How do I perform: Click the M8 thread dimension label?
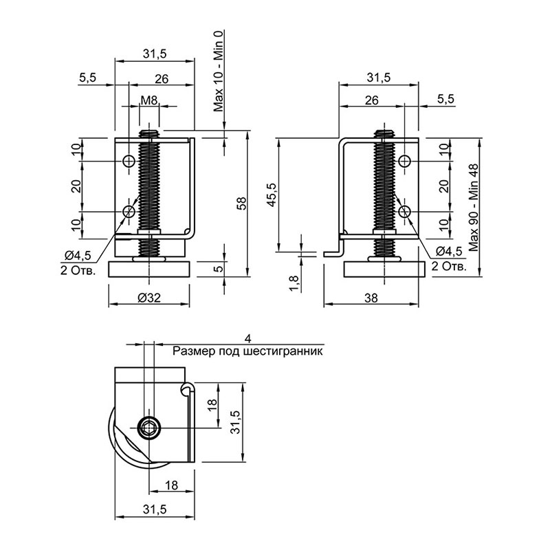[148, 100]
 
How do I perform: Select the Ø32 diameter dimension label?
[149, 298]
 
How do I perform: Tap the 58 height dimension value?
[242, 203]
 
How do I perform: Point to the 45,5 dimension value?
[272, 195]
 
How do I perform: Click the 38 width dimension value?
[371, 298]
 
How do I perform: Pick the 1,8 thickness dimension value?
[294, 283]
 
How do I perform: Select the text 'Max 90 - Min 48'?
[474, 208]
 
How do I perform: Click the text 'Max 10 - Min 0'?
[219, 71]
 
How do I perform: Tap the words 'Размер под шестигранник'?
[247, 351]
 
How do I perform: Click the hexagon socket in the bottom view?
[149, 428]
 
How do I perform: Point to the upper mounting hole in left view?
[129, 161]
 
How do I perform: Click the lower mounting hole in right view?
[405, 212]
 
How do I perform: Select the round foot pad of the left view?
[149, 269]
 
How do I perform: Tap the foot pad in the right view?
[384, 269]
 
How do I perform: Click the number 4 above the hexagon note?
[248, 339]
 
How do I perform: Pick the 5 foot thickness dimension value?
[218, 269]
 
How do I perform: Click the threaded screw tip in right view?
[384, 133]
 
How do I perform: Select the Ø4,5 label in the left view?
[78, 256]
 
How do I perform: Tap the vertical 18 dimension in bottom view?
[212, 405]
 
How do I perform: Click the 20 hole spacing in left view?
[76, 186]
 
